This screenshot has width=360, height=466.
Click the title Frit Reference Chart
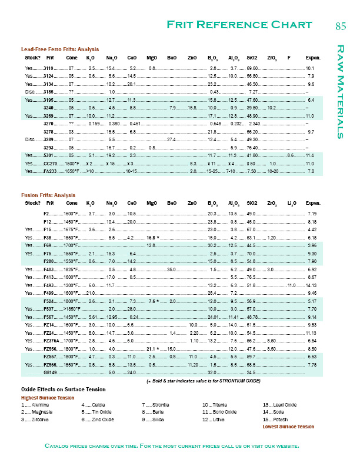click(239, 24)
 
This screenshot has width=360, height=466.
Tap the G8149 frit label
click(50, 373)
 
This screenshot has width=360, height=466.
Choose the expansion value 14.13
click(311, 285)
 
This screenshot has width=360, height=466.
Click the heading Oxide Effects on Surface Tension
click(64, 390)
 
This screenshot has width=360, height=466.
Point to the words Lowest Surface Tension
click(288, 427)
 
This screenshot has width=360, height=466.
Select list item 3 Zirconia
click(36, 420)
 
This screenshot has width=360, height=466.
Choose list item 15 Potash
click(277, 420)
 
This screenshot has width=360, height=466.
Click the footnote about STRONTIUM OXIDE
click(204, 381)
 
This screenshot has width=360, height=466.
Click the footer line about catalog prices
click(172, 445)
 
